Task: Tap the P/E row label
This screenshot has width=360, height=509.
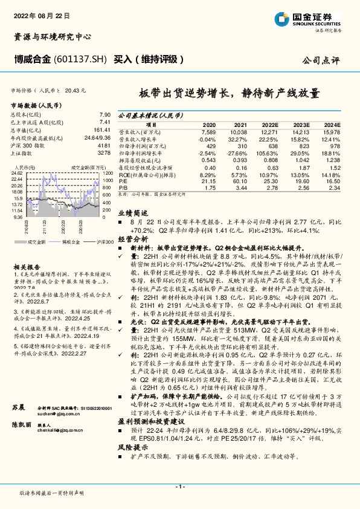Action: click(x=123, y=181)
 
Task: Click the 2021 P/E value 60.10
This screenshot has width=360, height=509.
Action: click(x=240, y=181)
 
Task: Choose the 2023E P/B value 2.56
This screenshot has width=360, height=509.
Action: click(x=303, y=188)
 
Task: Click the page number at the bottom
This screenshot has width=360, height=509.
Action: click(x=180, y=487)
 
